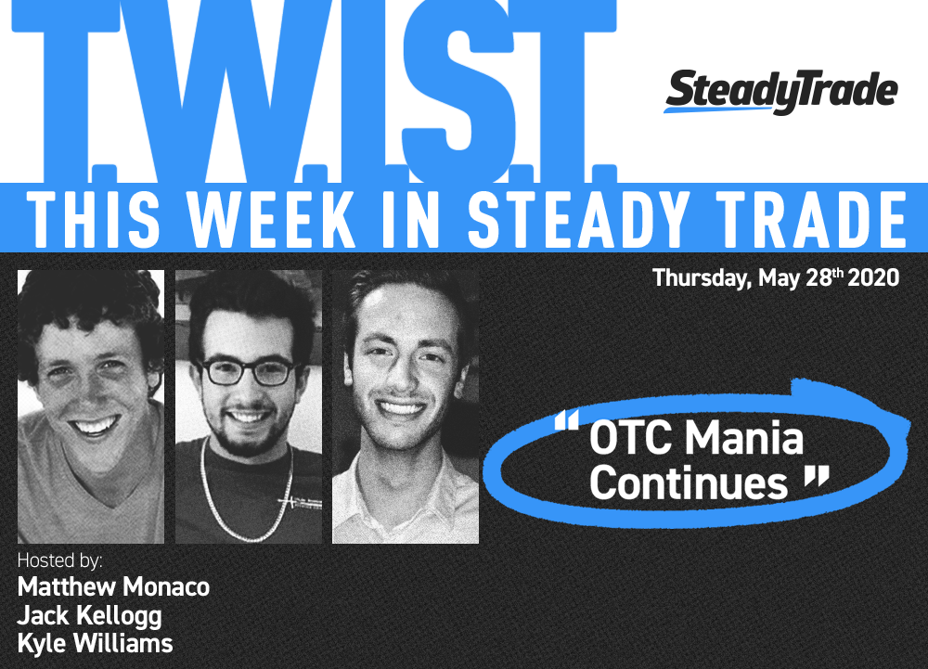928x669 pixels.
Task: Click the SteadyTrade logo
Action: pyautogui.click(x=781, y=92)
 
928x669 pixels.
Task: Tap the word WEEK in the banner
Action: pyautogui.click(x=272, y=219)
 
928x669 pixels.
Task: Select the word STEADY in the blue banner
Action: pyautogui.click(x=578, y=219)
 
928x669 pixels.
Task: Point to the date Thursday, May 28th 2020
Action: pyautogui.click(x=776, y=277)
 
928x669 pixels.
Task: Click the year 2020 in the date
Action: pyautogui.click(x=873, y=277)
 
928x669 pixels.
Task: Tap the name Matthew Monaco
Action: pyautogui.click(x=113, y=586)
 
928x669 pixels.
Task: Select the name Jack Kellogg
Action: pyautogui.click(x=89, y=616)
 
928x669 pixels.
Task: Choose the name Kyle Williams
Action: pyautogui.click(x=95, y=644)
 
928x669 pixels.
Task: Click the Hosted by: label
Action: pyautogui.click(x=59, y=560)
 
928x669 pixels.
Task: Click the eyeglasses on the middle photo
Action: pyautogui.click(x=248, y=371)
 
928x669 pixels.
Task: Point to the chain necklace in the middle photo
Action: pyautogui.click(x=247, y=491)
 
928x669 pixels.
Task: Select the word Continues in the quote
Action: pyautogui.click(x=689, y=482)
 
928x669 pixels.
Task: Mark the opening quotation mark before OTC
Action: pyautogui.click(x=566, y=420)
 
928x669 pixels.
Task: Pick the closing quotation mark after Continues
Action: pyautogui.click(x=817, y=477)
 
